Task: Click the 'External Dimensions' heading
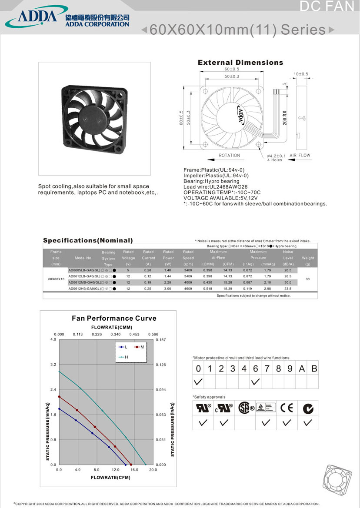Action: coord(240,63)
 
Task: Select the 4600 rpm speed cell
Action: coord(188,288)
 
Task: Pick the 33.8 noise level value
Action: coord(288,288)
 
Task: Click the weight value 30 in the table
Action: coord(308,279)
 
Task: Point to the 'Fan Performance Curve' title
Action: coord(114,318)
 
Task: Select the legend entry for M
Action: coord(139,347)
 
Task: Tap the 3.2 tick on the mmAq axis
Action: coord(53,364)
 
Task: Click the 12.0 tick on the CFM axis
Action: coord(115,470)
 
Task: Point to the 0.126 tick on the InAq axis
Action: coord(161,365)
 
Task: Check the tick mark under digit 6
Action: coord(255,382)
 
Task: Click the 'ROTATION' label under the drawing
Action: coord(229,155)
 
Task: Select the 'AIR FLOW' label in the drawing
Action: coord(300,155)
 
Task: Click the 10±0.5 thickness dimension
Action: coord(300,74)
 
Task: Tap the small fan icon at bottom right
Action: coord(337,480)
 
